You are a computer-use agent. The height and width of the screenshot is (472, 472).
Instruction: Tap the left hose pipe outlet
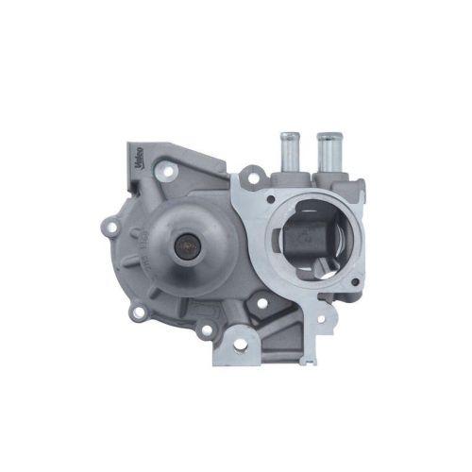click(289, 149)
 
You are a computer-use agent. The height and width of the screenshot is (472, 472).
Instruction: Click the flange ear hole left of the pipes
click(252, 176)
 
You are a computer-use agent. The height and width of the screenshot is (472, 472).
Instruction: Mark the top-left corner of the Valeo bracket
click(129, 143)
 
